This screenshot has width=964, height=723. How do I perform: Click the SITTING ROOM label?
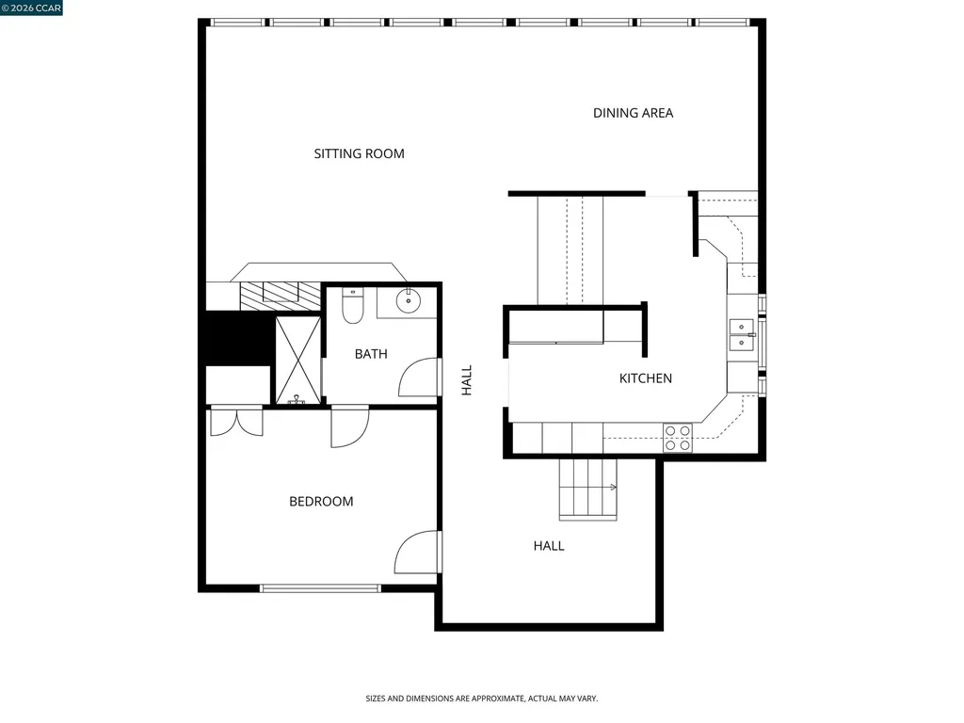pos(359,153)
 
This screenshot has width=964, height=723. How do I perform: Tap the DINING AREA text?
pos(633,113)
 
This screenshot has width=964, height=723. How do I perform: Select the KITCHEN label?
pos(645,378)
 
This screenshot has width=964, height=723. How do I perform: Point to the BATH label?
pos(371,354)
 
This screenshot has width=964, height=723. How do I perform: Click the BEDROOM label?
pos(321,502)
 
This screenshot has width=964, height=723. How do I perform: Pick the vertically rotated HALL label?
pos(467,380)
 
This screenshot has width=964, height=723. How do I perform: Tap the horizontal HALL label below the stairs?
pos(549,545)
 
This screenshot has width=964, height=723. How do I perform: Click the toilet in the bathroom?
pos(353,306)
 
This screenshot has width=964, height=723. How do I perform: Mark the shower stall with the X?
pos(297,361)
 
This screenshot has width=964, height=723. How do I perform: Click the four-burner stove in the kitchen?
pos(678,438)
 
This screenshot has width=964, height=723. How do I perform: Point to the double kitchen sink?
pos(742,335)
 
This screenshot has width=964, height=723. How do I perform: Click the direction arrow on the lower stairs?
pos(612,487)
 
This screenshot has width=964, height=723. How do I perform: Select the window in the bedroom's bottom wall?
pos(320,588)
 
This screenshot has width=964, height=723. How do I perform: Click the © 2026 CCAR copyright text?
pos(32,8)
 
